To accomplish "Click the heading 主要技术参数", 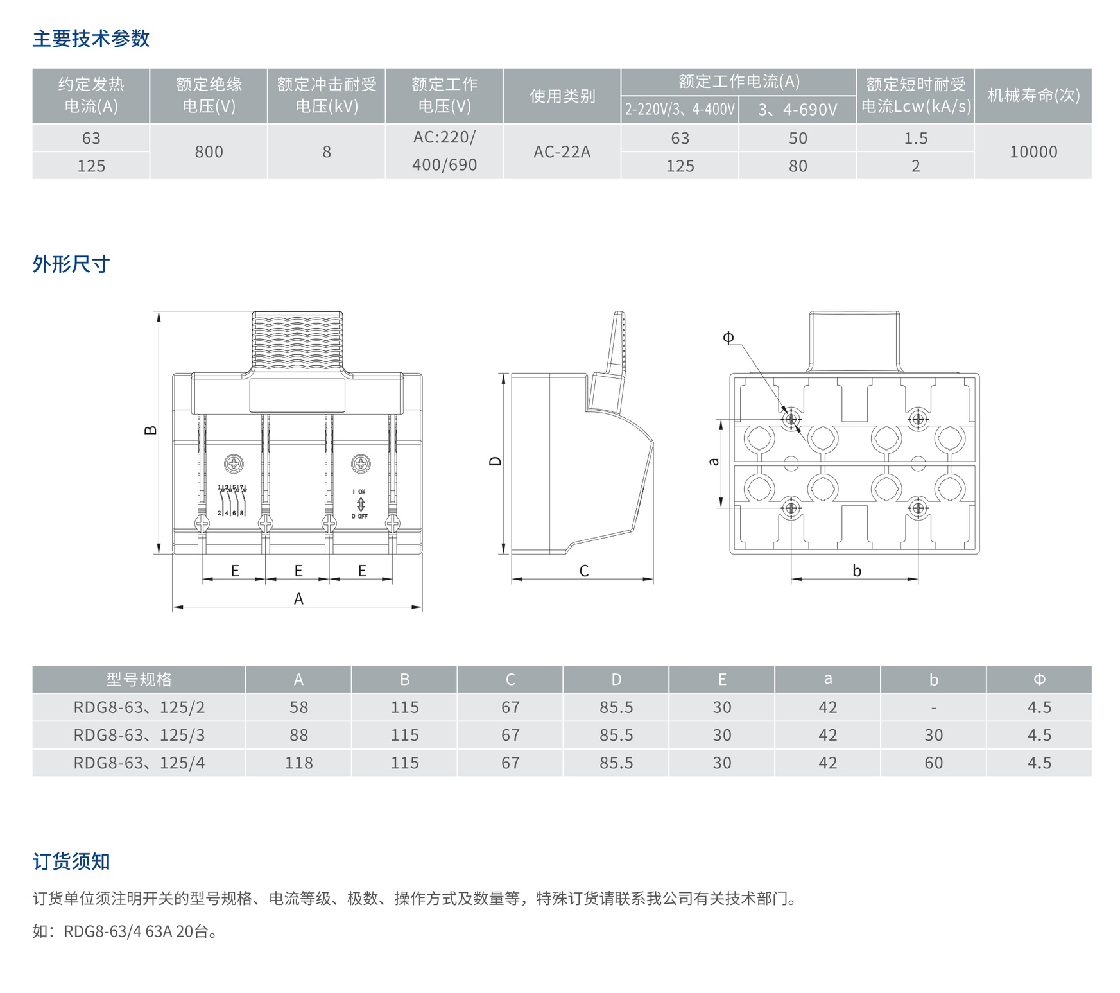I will [x=91, y=39].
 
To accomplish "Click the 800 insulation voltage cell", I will [x=209, y=152].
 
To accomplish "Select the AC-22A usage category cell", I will [x=562, y=152].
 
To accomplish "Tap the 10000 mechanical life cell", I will [x=1033, y=152].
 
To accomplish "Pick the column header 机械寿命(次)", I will [x=1033, y=96].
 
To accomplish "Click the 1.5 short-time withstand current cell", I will [x=915, y=138].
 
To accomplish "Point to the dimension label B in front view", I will [x=150, y=430].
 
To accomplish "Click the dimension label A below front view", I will [x=298, y=599].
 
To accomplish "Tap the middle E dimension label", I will [x=298, y=571].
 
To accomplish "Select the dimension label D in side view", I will [x=495, y=461].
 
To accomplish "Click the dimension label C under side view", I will [x=583, y=571].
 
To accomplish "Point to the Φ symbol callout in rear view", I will [x=728, y=338].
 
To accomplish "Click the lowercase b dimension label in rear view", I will [x=856, y=571].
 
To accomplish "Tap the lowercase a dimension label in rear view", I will [x=714, y=461].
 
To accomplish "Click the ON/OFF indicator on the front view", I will [x=360, y=504].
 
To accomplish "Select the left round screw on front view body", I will [x=234, y=463].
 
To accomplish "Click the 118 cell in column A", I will [x=298, y=763].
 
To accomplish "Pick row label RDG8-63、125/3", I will [x=139, y=735].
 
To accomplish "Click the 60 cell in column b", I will [x=933, y=763].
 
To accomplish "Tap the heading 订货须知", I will [x=71, y=861].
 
